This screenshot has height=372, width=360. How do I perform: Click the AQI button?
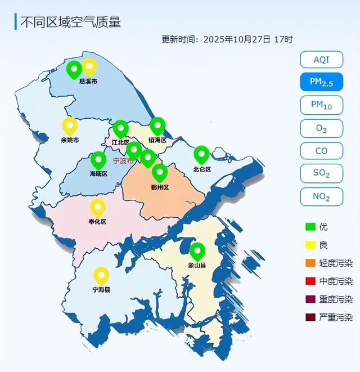point(321,59)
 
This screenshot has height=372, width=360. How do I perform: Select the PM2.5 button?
point(321,82)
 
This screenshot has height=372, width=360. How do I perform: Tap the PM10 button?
point(321,105)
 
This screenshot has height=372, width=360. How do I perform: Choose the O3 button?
point(321,128)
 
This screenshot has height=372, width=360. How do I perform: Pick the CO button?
point(321,151)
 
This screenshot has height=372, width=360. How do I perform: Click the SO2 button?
point(321,173)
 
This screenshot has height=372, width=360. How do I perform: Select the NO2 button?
point(321,196)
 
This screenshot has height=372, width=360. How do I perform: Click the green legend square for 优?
point(310,227)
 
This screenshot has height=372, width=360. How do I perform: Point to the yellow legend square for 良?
point(310,245)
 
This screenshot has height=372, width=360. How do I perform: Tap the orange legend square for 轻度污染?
point(310,263)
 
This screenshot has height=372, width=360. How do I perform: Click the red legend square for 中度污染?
point(310,281)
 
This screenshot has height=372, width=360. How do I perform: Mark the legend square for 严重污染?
point(310,317)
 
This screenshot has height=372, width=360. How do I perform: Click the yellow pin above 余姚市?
point(70,126)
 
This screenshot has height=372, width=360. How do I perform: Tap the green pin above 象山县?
point(197,251)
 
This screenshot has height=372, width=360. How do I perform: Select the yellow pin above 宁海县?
point(101,275)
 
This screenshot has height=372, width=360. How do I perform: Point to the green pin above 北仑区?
point(201,154)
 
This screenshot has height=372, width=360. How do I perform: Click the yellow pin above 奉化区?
point(98,207)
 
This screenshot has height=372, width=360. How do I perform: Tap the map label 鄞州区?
point(160,187)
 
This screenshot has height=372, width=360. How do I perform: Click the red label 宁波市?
point(123,161)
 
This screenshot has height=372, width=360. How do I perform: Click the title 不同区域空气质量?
point(70,23)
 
